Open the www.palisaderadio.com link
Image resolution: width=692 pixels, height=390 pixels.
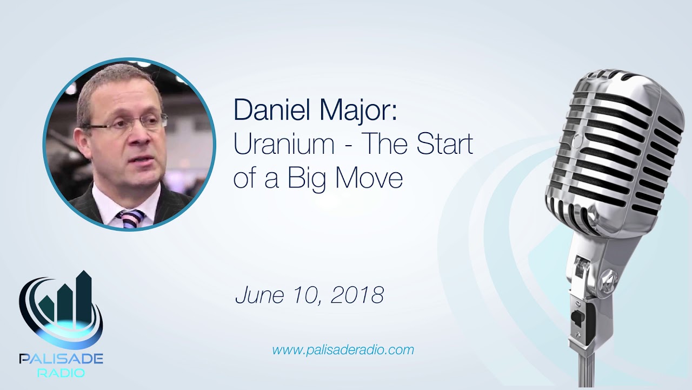tap(343, 350)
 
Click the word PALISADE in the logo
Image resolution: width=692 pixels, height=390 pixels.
tap(61, 359)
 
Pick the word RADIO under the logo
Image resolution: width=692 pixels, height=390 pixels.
tap(61, 373)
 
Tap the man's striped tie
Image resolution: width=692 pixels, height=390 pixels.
tap(130, 218)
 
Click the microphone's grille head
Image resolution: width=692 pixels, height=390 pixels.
tap(616, 146)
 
